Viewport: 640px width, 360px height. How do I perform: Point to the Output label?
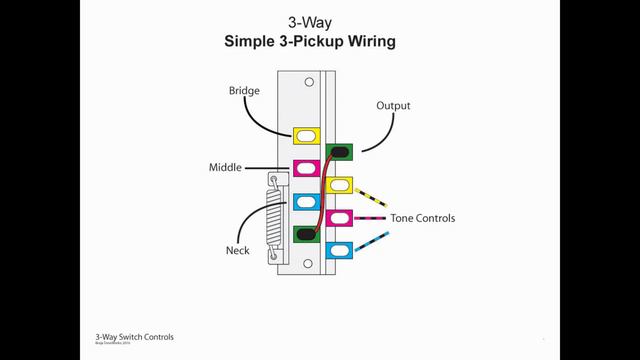point(393,105)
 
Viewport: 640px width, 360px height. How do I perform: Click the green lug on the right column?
point(340,152)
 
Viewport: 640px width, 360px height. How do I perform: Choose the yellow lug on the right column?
point(340,185)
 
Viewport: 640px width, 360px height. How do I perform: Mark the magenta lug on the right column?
point(340,218)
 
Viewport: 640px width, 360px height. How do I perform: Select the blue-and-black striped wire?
point(372,241)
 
